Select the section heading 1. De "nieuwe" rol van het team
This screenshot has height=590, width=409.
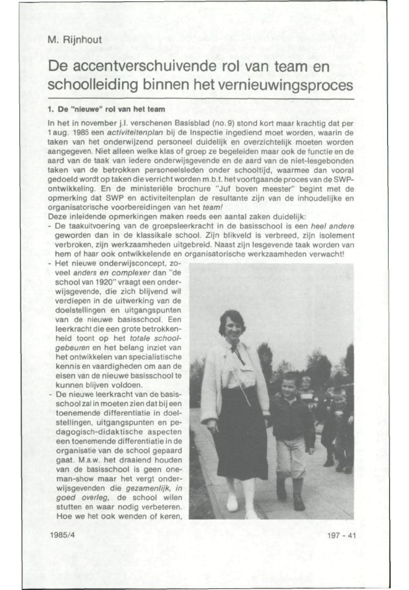tap(106, 110)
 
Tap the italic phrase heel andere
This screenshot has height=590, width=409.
tap(332, 226)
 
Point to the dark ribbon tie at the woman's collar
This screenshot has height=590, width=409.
tap(239, 354)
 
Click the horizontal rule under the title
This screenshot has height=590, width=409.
tap(201, 99)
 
